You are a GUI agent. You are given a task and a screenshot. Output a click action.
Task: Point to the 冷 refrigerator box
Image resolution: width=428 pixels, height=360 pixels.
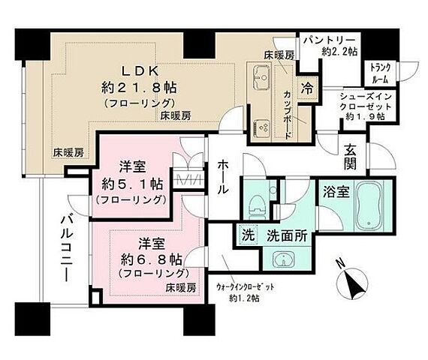click(x=308, y=87)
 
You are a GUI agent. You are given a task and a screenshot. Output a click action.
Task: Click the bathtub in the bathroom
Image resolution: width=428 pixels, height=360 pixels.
click(x=369, y=207)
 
